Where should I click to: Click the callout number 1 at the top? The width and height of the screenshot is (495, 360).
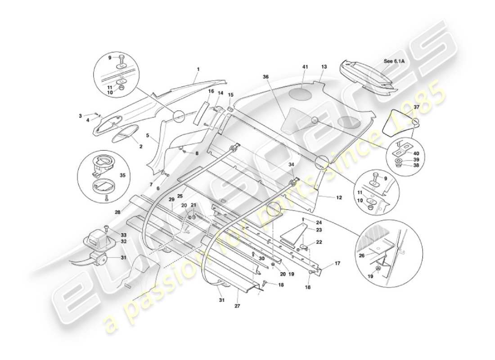click(197, 69)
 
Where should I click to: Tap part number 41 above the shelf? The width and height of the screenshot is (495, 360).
click(304, 67)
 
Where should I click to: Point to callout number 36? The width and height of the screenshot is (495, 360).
click(266, 77)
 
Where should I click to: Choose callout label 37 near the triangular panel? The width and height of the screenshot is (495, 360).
click(416, 107)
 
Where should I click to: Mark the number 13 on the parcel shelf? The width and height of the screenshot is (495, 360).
click(324, 67)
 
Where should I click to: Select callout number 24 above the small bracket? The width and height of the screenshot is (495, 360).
click(319, 222)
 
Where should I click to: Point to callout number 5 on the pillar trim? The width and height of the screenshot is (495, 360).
click(147, 135)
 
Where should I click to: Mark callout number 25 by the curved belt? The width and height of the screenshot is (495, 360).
click(179, 196)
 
